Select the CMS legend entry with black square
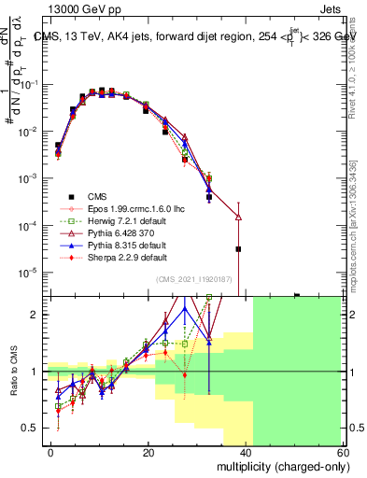point(98,196)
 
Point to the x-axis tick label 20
point(148,452)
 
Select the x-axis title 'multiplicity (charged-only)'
point(278,465)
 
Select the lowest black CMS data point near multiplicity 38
point(239,249)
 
